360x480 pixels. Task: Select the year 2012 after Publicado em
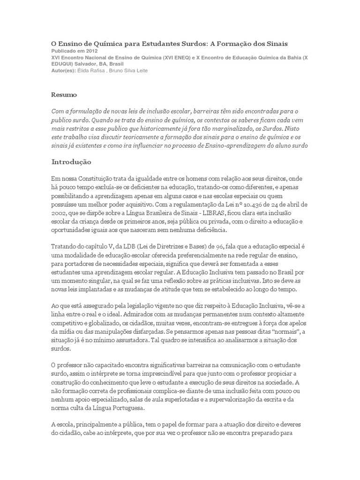92,51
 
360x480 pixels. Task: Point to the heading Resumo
64,95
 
